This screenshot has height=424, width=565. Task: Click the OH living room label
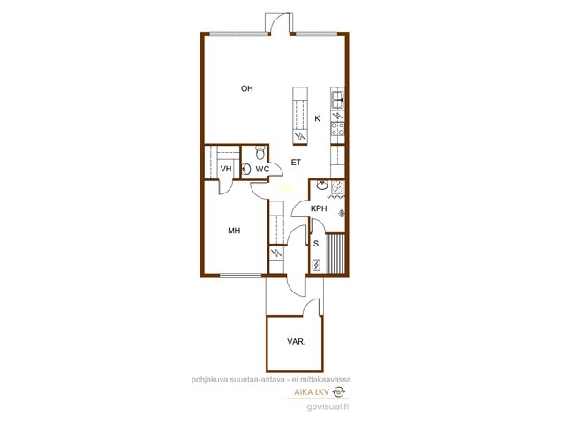coord(247,88)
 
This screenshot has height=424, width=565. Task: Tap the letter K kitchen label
coord(317,118)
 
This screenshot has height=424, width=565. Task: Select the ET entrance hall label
coord(296,163)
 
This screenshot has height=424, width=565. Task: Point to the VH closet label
coord(226,169)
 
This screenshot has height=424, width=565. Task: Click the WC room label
coord(262,169)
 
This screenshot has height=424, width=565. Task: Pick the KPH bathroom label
coord(319,208)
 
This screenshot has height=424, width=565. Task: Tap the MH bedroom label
coord(234,231)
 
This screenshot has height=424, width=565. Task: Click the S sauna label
coord(316,244)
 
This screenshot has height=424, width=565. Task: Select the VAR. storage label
coord(297,342)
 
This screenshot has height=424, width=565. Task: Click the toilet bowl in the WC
coord(260,153)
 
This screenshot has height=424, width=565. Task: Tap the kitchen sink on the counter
coord(337,99)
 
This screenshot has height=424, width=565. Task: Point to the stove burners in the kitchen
coord(337,129)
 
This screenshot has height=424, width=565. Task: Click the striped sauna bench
coord(335,254)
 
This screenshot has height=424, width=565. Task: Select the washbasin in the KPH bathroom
coord(322,185)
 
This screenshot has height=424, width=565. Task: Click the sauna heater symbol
coord(316,265)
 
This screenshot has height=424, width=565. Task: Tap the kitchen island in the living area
coord(300,116)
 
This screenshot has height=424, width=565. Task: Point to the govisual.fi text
coord(328,407)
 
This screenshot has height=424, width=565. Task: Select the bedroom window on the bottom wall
coord(241,276)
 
